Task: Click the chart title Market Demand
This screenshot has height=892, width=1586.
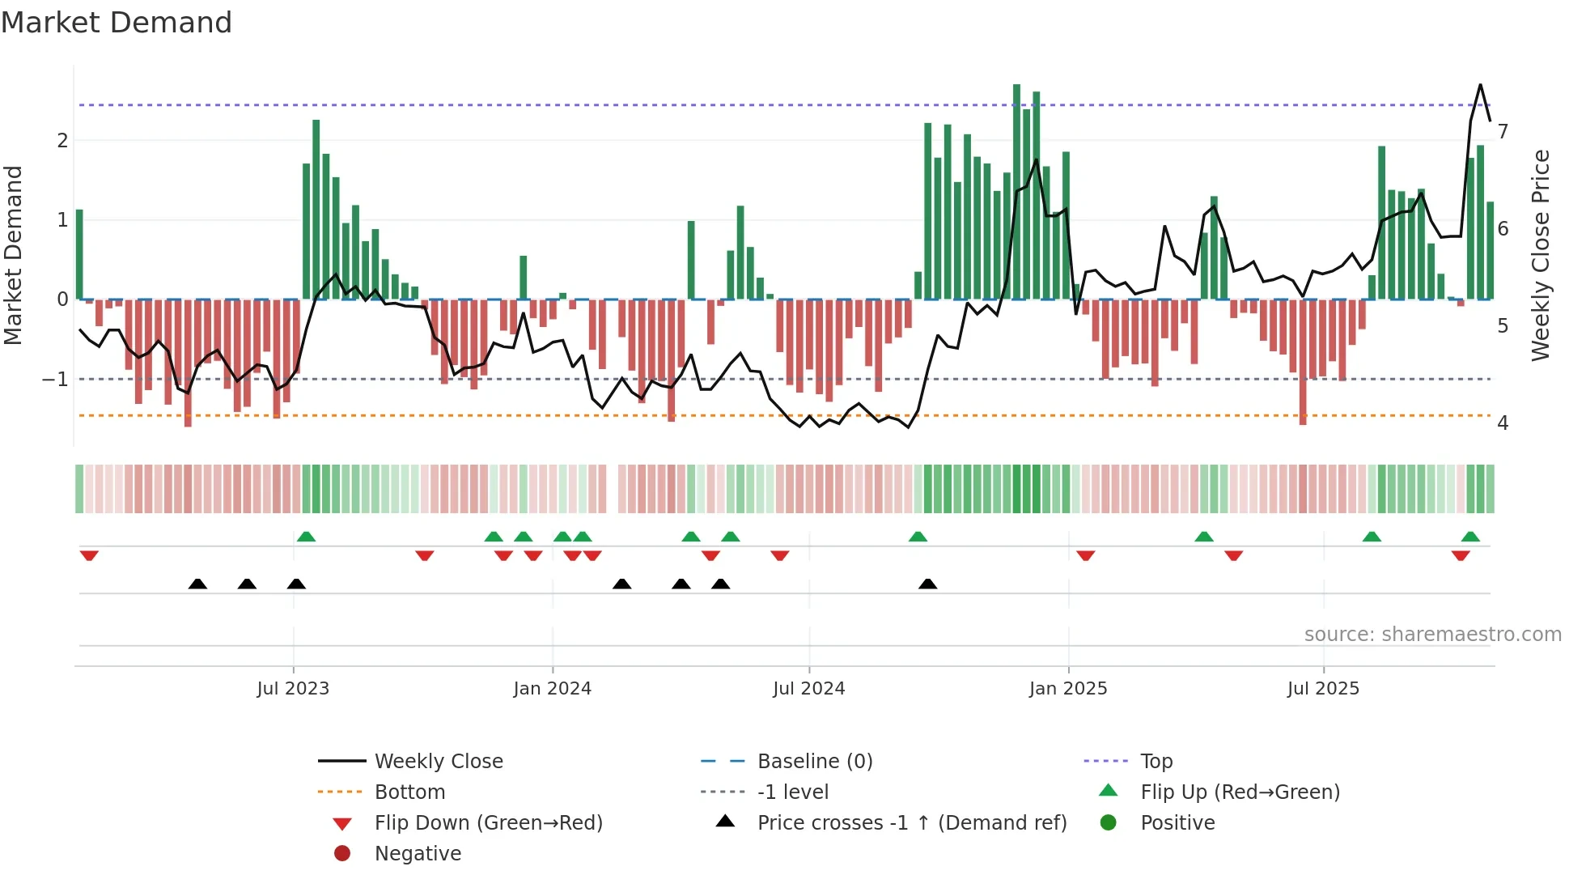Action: [x=117, y=23]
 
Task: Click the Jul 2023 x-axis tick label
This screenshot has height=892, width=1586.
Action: [x=293, y=689]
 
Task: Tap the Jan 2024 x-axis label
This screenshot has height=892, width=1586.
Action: [x=552, y=689]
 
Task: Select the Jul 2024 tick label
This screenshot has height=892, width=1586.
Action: [x=808, y=689]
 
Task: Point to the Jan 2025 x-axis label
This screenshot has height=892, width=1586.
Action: [x=1067, y=689]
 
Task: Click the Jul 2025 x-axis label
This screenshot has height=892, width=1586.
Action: [x=1323, y=689]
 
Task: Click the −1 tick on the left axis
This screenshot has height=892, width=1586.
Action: [x=55, y=380]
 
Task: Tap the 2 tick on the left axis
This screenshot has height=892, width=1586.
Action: [x=62, y=141]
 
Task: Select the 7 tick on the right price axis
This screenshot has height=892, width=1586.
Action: [x=1503, y=131]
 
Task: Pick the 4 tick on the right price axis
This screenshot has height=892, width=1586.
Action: [x=1503, y=423]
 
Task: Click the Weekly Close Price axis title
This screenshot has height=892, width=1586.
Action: [x=1541, y=255]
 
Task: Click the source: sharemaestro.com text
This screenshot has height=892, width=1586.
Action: [x=1432, y=635]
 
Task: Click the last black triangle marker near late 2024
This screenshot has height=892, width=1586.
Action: [x=928, y=584]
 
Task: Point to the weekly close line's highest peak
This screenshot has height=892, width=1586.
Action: [x=1480, y=85]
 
